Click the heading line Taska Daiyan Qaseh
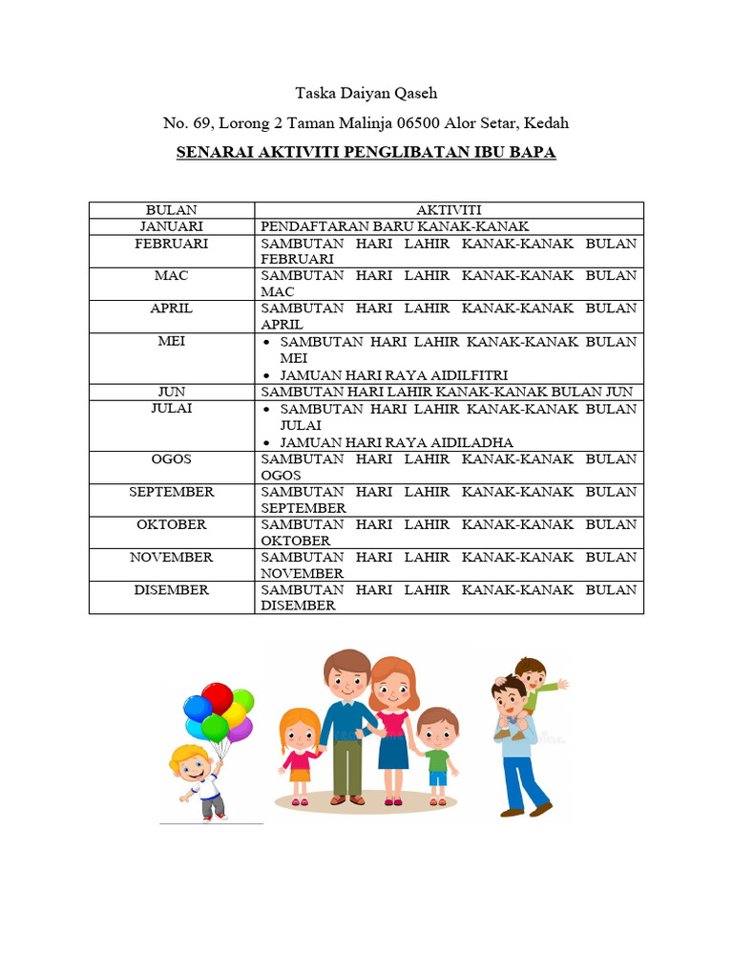366,94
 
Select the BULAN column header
172,210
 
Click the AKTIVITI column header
449,210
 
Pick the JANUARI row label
172,226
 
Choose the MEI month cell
172,341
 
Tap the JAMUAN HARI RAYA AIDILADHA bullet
396,442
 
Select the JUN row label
172,392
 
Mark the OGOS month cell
172,459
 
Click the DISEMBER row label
172,590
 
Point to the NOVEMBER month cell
172,558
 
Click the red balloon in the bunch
217,697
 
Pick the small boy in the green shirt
437,755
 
